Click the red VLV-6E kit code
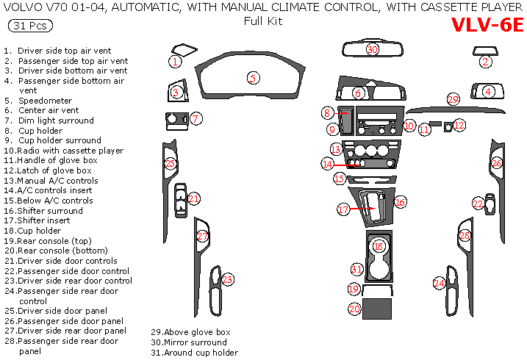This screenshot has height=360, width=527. pyautogui.click(x=487, y=24)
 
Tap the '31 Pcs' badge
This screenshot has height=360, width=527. pyautogui.click(x=30, y=26)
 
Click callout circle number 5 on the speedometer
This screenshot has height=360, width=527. pyautogui.click(x=252, y=77)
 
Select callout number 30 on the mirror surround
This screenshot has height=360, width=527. pyautogui.click(x=373, y=49)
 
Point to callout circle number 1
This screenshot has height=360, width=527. pyautogui.click(x=175, y=61)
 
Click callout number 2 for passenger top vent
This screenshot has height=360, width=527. pyautogui.click(x=485, y=62)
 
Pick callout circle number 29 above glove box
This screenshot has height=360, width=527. pyautogui.click(x=453, y=99)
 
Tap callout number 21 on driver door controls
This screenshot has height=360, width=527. pyautogui.click(x=194, y=198)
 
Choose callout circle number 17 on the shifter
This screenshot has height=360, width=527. pyautogui.click(x=343, y=209)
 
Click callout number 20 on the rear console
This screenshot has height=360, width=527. pyautogui.click(x=354, y=309)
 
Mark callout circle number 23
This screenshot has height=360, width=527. pyautogui.click(x=228, y=279)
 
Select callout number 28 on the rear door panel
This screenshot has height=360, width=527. pyautogui.click(x=465, y=236)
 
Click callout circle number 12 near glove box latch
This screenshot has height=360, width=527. pyautogui.click(x=459, y=126)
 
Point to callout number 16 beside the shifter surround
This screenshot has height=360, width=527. pyautogui.click(x=401, y=201)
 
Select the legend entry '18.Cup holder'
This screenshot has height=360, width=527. pyautogui.click(x=40, y=230)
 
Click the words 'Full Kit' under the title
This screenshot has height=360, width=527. pyautogui.click(x=263, y=21)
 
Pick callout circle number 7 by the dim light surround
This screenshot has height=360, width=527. pyautogui.click(x=196, y=118)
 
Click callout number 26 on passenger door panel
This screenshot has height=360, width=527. pyautogui.click(x=497, y=163)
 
